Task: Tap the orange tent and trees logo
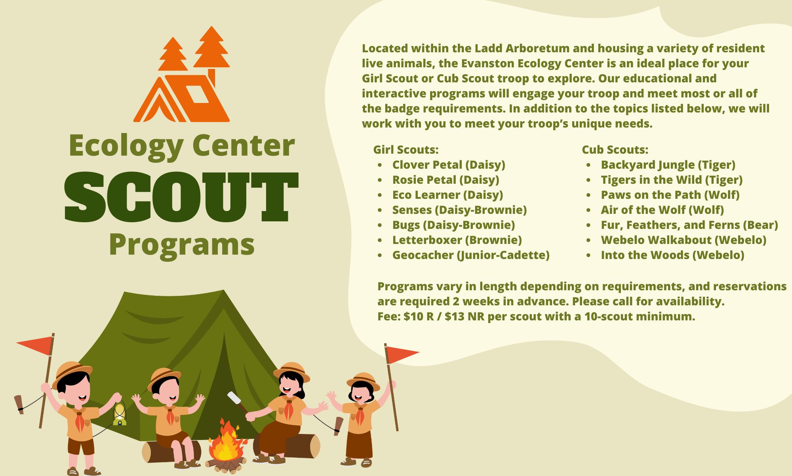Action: click(181, 74)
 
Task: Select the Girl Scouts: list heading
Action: click(406, 150)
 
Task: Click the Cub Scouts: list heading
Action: click(615, 150)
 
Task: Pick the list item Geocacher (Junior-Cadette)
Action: click(471, 255)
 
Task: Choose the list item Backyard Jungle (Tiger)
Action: click(668, 165)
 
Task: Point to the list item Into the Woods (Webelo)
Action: click(672, 255)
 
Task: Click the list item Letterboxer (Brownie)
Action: click(457, 240)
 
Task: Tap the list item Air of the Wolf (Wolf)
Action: click(662, 210)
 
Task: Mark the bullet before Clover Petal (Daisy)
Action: click(380, 166)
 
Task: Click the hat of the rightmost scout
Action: click(363, 381)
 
